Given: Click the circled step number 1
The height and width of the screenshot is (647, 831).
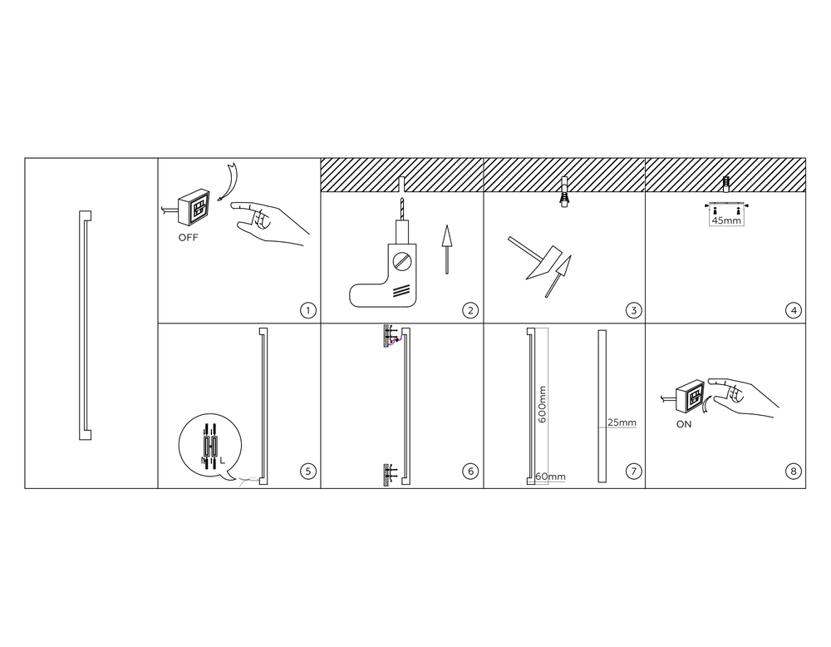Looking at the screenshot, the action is click(x=308, y=310).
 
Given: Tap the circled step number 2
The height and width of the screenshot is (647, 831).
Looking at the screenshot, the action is click(x=470, y=310).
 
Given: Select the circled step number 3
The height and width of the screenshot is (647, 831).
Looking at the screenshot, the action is click(x=633, y=310).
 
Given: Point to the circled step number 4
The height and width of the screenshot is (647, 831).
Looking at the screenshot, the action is click(x=793, y=310).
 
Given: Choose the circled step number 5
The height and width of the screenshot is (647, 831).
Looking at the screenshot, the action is click(x=308, y=471).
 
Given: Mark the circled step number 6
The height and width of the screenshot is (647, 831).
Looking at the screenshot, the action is click(x=470, y=471).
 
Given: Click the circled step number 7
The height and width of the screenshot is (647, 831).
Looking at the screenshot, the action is click(x=633, y=471).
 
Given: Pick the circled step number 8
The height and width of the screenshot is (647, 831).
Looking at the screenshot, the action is click(x=793, y=471).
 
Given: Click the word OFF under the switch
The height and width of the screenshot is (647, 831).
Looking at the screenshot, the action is click(x=188, y=238).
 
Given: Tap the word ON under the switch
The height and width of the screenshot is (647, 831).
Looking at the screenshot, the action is click(x=684, y=424).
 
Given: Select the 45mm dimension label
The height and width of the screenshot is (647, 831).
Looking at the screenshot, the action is click(x=726, y=220).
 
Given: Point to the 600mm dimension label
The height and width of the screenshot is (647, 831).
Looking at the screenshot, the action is click(x=542, y=404).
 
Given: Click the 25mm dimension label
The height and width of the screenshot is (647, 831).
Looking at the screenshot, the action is click(x=622, y=422).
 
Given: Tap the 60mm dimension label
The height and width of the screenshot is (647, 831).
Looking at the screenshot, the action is click(x=551, y=477).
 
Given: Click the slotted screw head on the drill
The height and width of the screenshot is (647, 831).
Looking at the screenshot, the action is click(x=401, y=261).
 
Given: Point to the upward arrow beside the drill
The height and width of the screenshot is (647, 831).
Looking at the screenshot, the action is click(x=447, y=249).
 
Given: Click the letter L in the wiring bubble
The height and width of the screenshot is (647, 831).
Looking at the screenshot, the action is click(x=222, y=461).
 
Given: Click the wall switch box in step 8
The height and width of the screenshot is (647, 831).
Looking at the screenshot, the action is click(x=690, y=396).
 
